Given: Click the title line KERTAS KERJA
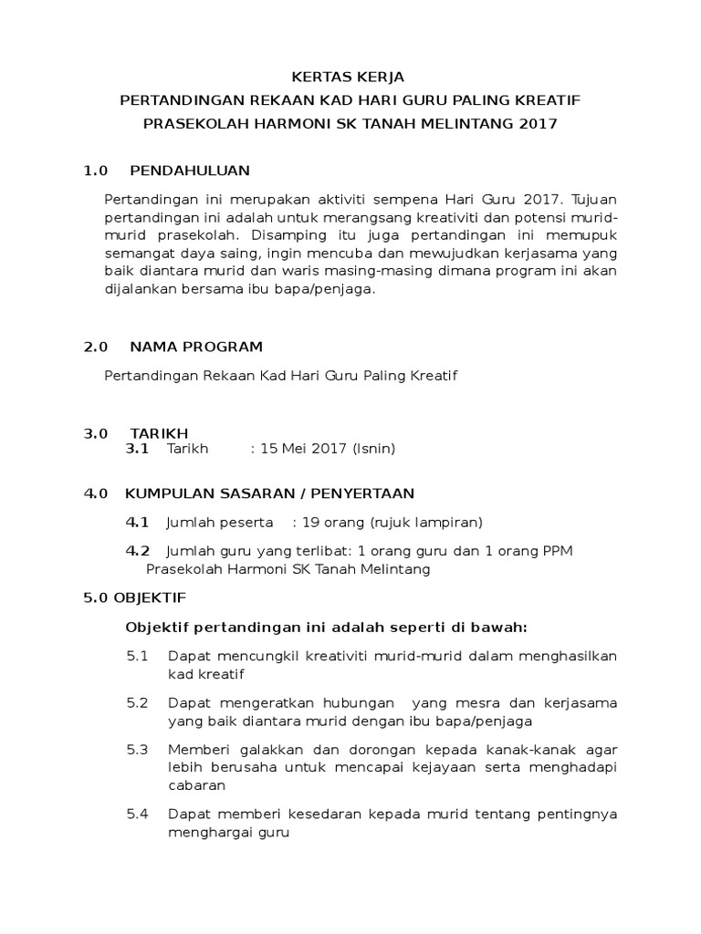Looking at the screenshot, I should (x=350, y=77).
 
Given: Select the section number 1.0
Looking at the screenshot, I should (x=96, y=171).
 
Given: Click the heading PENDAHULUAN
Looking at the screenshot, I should (x=189, y=171).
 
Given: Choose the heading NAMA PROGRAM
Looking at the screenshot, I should (x=196, y=347).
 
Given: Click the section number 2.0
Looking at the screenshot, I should (x=96, y=347).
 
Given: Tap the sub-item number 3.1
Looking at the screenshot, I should (x=137, y=449).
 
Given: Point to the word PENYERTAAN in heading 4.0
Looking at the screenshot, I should (x=366, y=493).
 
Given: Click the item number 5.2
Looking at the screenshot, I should (x=137, y=703).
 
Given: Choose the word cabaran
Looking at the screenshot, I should (x=196, y=784).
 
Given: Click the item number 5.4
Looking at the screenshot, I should (x=137, y=814).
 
